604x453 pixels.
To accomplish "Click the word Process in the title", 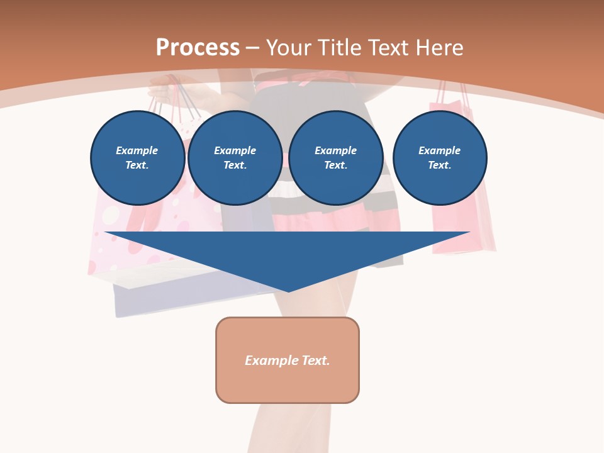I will [x=198, y=48].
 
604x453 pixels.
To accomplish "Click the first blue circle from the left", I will [x=137, y=158].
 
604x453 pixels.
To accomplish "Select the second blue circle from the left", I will [x=235, y=158].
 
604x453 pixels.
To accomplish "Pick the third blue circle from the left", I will [x=335, y=158].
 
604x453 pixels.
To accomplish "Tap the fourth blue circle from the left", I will [x=439, y=158].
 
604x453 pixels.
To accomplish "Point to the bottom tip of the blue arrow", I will [x=288, y=291].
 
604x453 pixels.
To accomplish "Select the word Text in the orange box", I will [x=316, y=361].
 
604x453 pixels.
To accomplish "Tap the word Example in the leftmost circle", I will [x=137, y=150].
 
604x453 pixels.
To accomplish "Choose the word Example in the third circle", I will [x=335, y=150].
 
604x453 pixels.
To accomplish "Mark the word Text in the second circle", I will [x=234, y=165].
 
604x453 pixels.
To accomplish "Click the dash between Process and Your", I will [x=253, y=48].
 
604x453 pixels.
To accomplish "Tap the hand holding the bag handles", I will [x=165, y=91].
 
